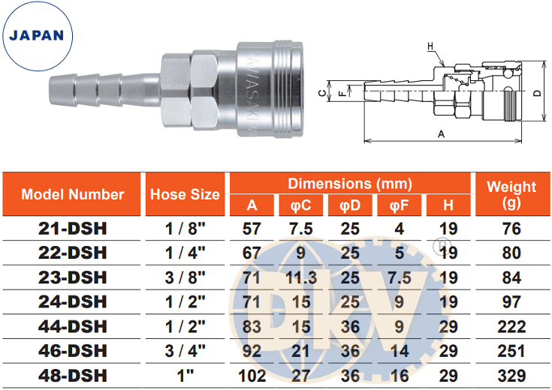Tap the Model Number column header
tap(73, 194)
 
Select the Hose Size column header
tap(185, 194)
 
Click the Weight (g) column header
tap(511, 194)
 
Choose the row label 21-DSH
tap(73, 229)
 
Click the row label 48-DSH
tap(73, 376)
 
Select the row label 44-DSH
tap(73, 326)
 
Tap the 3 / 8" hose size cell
tap(185, 277)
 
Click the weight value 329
tap(511, 376)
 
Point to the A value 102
tap(252, 376)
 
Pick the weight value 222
tap(511, 326)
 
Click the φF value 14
tap(399, 351)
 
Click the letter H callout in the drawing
tap(431, 46)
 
